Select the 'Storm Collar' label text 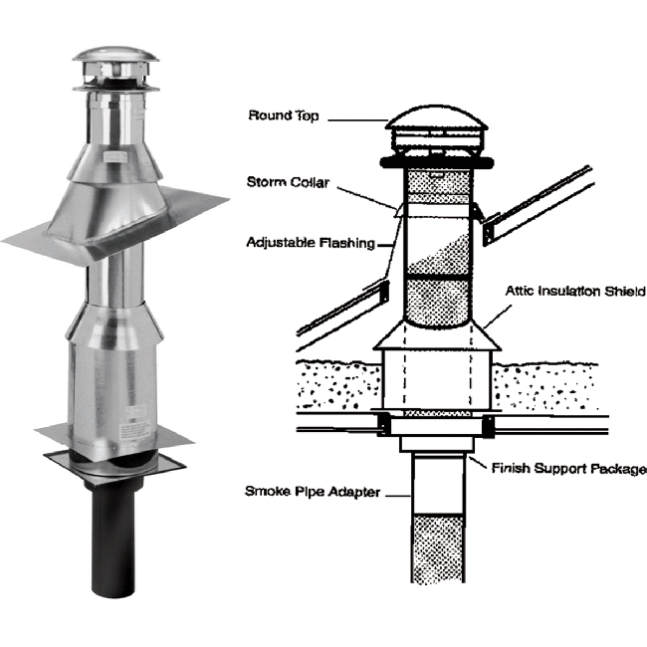(288, 181)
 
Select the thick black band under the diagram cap (438, 160)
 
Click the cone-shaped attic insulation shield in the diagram (438, 335)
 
